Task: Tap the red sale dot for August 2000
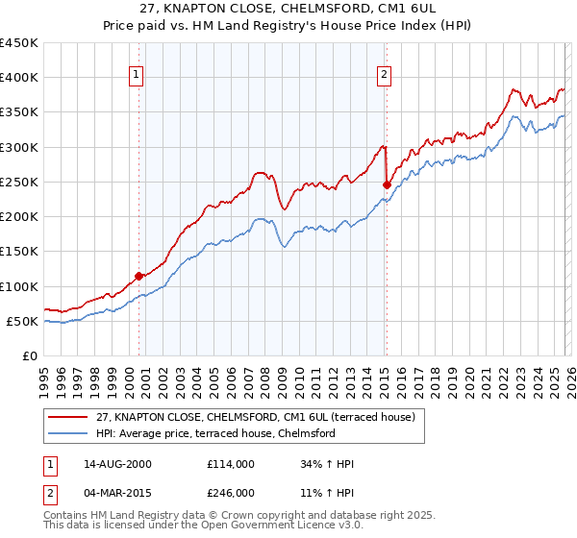[x=138, y=276]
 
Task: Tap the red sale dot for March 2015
[x=387, y=184]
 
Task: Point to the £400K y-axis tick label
[x=19, y=78]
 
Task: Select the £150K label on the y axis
[x=19, y=252]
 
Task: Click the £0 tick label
[x=30, y=356]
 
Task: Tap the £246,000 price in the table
[x=230, y=493]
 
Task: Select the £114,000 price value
[x=230, y=464]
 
